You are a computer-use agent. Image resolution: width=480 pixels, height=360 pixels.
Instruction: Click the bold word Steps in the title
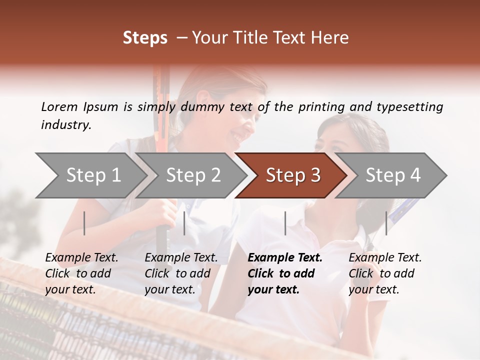145,38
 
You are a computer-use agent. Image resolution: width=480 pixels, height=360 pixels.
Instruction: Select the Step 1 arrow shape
90,175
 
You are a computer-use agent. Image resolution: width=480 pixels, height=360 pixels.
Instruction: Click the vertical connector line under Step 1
84,223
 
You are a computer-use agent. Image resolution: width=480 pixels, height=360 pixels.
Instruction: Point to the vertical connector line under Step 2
184,223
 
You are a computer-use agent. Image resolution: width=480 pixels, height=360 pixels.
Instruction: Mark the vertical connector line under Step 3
285,223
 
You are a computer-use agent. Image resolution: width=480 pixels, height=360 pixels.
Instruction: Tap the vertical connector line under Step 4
386,223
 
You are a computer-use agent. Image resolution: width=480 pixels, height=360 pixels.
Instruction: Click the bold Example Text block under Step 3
285,273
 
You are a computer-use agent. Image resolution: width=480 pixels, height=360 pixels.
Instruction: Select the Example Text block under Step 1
81,273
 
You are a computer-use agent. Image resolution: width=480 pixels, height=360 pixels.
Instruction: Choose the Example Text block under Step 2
181,273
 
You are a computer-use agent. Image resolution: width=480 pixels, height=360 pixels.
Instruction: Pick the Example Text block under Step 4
385,273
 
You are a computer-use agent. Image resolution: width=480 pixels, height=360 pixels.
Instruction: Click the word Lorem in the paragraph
59,106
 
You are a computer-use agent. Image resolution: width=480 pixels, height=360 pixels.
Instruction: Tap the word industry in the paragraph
65,125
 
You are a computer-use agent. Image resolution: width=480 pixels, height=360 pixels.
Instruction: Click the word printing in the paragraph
321,106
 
